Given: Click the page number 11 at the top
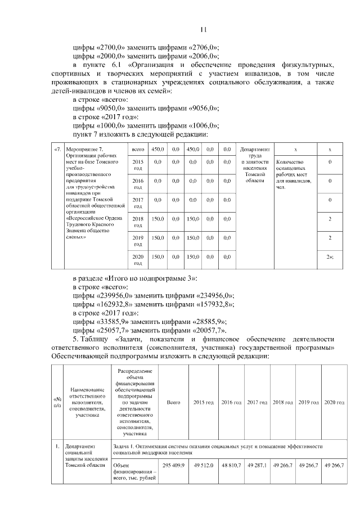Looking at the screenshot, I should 204,30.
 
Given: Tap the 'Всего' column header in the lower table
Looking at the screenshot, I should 174,403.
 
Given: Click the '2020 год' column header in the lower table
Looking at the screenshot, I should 334,403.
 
